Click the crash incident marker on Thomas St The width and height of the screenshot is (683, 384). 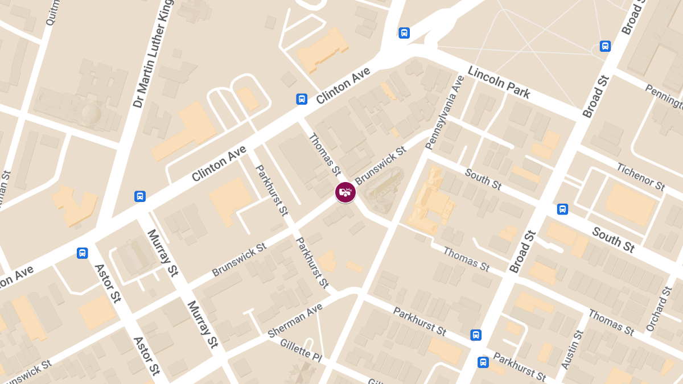coord(345,192)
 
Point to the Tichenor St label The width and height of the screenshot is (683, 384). coord(641,176)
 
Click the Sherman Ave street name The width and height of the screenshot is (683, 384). coord(295,319)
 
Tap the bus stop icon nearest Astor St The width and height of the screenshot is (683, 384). coord(83,253)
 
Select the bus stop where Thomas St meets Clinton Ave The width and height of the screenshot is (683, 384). coord(302,99)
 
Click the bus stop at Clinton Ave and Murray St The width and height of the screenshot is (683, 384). coord(140,196)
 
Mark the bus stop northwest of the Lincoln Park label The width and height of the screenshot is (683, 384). coord(404,33)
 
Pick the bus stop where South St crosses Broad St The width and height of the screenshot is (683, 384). coord(562,209)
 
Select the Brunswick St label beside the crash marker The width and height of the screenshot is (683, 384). coord(380,166)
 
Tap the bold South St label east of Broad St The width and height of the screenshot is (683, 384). coord(613,240)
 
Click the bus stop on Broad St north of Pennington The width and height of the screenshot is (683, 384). coord(605,46)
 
